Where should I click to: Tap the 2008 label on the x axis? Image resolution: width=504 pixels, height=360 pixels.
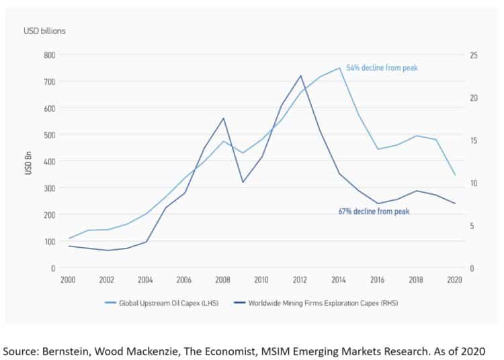[222, 279]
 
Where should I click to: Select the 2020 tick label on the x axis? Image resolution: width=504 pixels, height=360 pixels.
[455, 279]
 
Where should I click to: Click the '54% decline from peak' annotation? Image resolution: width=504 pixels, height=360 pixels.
[382, 68]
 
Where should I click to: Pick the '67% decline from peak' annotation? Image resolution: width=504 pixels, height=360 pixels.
[374, 211]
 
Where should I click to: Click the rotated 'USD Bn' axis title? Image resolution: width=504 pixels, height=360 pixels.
[28, 164]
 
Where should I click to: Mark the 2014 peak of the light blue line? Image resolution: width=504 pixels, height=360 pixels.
[339, 67]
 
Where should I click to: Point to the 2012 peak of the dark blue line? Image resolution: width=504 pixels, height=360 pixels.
[300, 75]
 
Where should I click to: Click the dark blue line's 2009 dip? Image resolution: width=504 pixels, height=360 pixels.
[242, 182]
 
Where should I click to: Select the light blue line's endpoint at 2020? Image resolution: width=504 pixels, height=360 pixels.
[455, 175]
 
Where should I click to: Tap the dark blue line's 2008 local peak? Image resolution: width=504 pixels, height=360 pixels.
[223, 118]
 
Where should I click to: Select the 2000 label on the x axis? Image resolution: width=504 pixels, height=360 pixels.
[68, 279]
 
